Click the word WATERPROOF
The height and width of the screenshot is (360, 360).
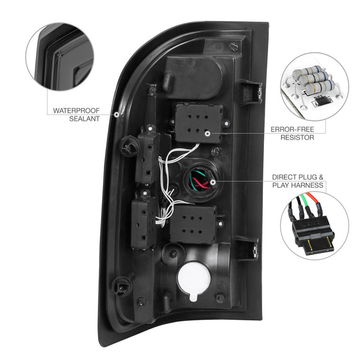coord(76,110)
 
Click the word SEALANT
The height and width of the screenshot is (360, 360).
coord(84,119)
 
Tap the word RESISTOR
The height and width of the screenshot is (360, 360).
coord(297,137)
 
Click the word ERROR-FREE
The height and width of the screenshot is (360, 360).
coord(292,130)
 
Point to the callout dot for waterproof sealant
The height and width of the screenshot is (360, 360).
coord(116,114)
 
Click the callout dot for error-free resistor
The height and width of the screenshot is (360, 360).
coord(208,134)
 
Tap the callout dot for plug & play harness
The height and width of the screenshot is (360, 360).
coord(213,182)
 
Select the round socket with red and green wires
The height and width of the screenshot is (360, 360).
coord(200,180)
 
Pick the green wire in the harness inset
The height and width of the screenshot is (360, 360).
coord(304,200)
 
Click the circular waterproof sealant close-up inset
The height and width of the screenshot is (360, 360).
coord(60,56)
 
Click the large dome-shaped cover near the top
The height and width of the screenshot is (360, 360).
coord(194,77)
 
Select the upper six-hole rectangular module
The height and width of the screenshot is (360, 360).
coord(199,123)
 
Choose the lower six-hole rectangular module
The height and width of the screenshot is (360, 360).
coord(193,224)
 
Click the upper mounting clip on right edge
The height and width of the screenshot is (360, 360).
coord(251,92)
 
